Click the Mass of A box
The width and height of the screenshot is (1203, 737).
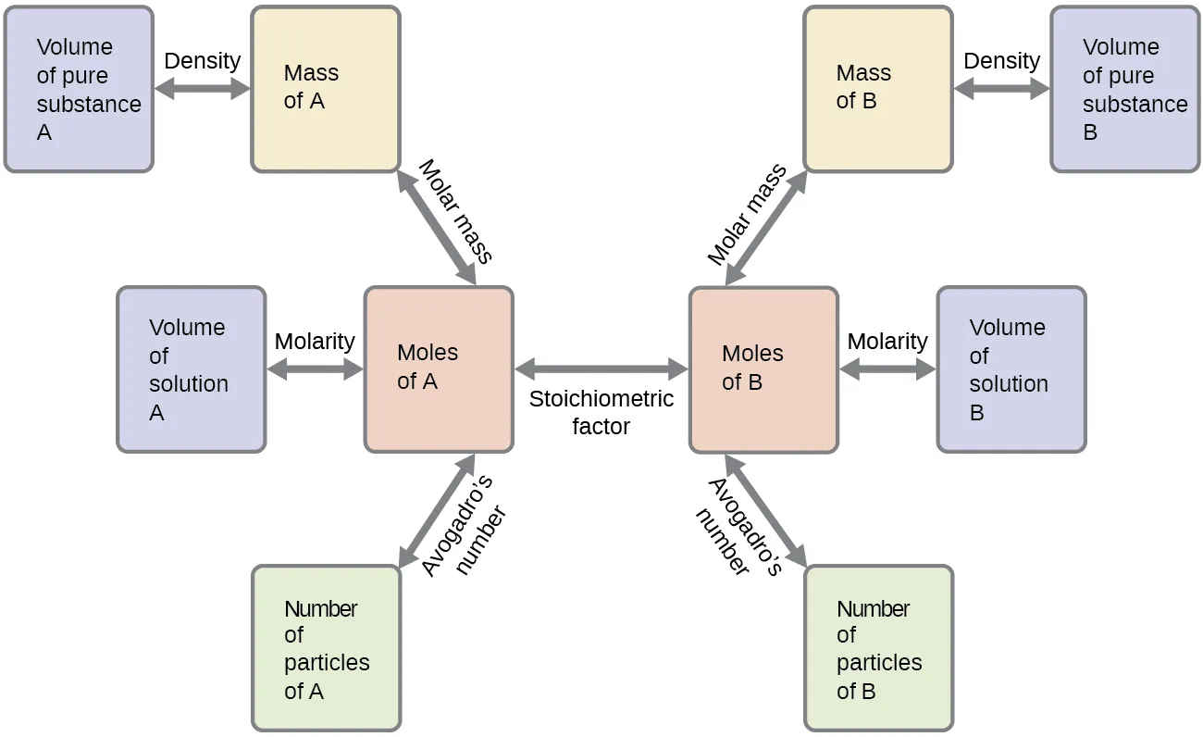(326, 89)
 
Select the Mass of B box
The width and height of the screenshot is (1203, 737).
(877, 89)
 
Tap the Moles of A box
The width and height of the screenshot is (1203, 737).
(439, 368)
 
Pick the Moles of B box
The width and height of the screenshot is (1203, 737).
(763, 368)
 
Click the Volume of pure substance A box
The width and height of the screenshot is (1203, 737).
(79, 89)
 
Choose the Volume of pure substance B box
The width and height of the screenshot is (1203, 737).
(1124, 89)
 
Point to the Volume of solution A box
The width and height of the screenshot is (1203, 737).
(191, 368)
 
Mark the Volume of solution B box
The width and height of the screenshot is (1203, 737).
(1011, 368)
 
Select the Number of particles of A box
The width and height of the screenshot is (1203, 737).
(326, 648)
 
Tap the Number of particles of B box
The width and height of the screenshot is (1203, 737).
(877, 648)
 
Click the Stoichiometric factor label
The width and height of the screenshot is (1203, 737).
(601, 413)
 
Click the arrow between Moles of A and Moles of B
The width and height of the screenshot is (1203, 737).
(601, 369)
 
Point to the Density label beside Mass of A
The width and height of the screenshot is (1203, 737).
(202, 61)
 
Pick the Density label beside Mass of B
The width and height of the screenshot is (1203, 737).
(1001, 61)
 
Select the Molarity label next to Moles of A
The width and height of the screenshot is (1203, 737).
(315, 341)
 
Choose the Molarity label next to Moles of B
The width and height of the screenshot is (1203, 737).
(887, 341)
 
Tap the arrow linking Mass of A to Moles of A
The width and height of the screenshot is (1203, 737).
(437, 228)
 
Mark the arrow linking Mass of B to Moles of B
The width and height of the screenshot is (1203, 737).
(766, 228)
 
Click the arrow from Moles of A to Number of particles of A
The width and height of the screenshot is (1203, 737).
(437, 510)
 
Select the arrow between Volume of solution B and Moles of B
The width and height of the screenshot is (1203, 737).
(887, 369)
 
